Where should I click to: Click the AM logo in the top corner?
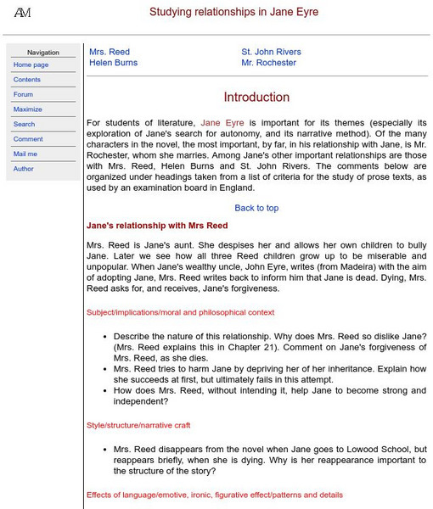[x=22, y=13]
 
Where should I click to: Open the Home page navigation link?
[x=31, y=64]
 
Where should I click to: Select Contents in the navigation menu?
[x=26, y=80]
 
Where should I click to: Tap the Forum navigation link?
[x=23, y=94]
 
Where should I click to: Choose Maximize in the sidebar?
[x=27, y=109]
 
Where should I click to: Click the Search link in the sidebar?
[x=24, y=124]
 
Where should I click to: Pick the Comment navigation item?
[x=27, y=139]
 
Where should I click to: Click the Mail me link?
[x=25, y=154]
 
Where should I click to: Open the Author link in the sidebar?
[x=24, y=169]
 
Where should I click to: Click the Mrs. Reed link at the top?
[x=110, y=52]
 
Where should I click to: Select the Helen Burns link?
[x=113, y=63]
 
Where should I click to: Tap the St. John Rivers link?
[x=271, y=52]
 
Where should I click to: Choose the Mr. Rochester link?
[x=268, y=63]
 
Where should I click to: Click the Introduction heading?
[x=256, y=98]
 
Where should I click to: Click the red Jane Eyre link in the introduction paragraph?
[x=222, y=123]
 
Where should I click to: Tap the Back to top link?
[x=256, y=208]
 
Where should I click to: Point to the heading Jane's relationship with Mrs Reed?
[x=157, y=226]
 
